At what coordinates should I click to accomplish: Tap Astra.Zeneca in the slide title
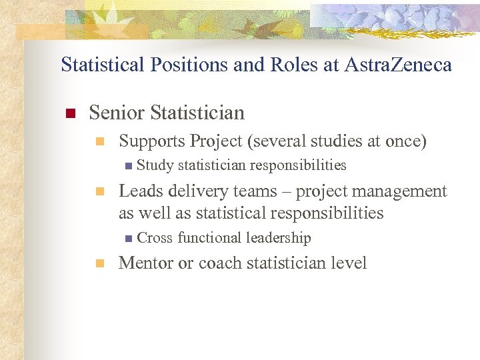pos(399,65)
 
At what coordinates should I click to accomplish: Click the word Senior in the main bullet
pos(117,113)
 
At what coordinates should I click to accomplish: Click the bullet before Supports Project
pos(99,141)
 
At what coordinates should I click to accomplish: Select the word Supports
pos(151,141)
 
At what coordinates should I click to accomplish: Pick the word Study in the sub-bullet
pos(155,165)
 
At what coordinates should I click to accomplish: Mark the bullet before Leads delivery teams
pos(99,192)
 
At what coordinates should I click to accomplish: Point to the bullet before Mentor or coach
pos(99,264)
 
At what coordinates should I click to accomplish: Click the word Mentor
pos(145,263)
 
